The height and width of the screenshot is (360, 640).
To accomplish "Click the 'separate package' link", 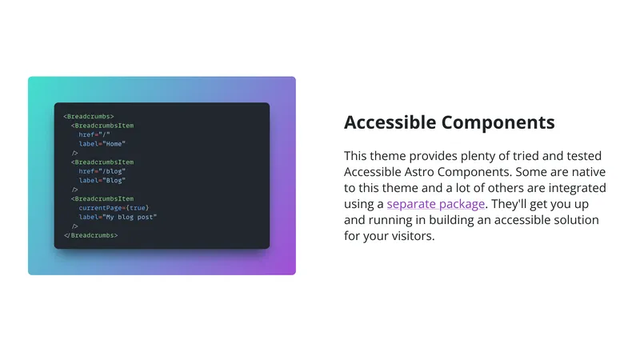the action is tap(436, 204).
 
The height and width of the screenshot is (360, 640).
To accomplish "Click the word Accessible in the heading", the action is tap(390, 122).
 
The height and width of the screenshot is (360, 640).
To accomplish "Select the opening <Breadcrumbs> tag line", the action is tap(89, 116).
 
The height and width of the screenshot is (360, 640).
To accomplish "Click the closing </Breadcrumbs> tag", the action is tap(90, 235).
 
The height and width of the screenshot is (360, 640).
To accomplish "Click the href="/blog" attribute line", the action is tap(102, 171).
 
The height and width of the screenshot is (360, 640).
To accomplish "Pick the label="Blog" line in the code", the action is tap(102, 181).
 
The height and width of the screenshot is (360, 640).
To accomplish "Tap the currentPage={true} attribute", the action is tap(114, 208).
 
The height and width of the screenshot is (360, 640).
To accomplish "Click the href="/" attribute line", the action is tap(94, 134).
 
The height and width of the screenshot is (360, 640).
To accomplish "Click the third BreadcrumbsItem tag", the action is tap(102, 198).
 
